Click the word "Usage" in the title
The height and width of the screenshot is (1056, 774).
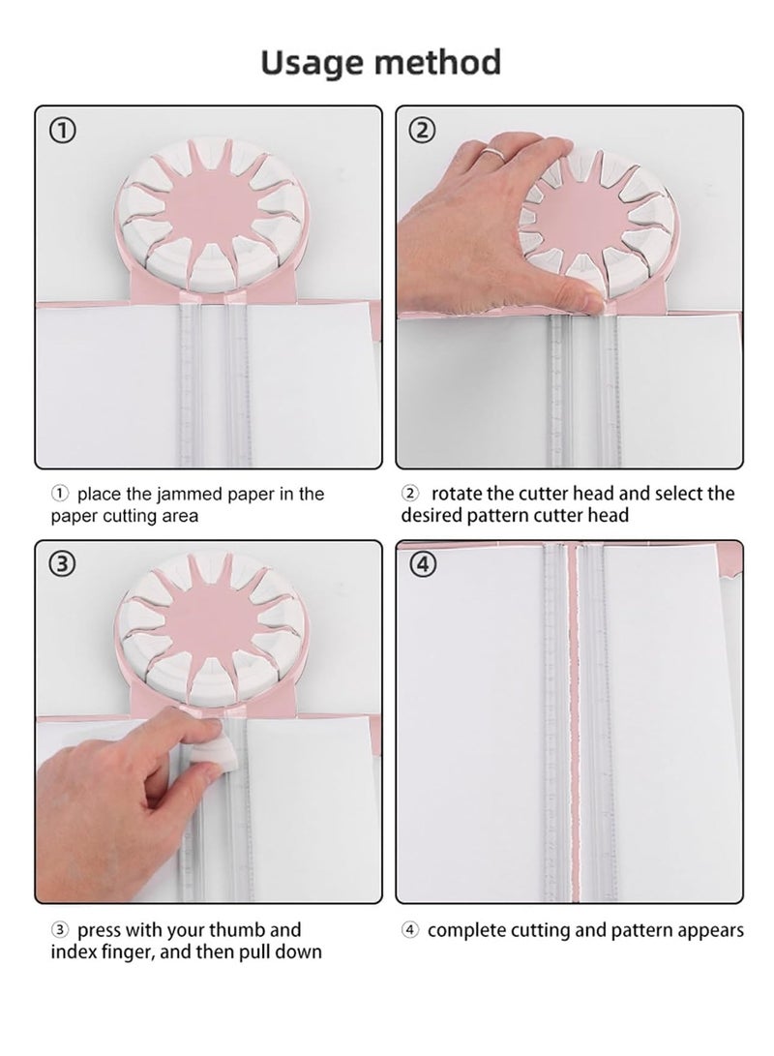pos(313,64)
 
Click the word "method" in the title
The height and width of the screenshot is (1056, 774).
pos(438,62)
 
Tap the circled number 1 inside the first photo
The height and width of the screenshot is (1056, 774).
pos(63,131)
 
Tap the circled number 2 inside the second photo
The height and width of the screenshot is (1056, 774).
pos(423,131)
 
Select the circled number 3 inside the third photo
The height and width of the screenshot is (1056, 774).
pos(63,564)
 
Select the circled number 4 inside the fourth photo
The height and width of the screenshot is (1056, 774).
pos(423,564)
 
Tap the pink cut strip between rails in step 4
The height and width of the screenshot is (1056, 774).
pos(574,721)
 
